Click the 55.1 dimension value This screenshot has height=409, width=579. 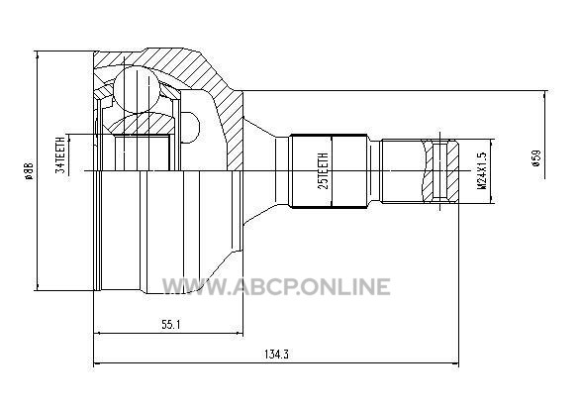click(x=171, y=325)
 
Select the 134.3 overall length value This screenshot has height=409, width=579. click(x=276, y=354)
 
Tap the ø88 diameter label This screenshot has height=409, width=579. click(x=29, y=170)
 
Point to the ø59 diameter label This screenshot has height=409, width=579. click(x=536, y=157)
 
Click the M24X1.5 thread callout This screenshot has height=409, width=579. click(x=482, y=170)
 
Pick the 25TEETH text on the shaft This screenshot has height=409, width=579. click(x=323, y=170)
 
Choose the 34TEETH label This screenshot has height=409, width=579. click(x=60, y=154)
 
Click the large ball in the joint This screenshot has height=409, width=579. click(x=137, y=89)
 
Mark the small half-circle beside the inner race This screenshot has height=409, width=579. click(x=191, y=128)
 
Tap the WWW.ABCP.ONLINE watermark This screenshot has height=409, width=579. click(x=276, y=287)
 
